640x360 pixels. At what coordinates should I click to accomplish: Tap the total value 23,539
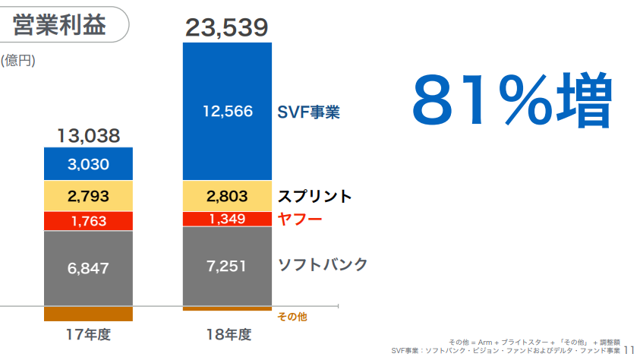pos(227,28)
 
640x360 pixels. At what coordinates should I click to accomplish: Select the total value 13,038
pos(89,136)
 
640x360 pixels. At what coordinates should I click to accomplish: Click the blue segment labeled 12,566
pos(227,111)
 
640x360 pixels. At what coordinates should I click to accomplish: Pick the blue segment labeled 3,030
pos(89,164)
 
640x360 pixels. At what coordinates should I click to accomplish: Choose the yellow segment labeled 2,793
pos(89,196)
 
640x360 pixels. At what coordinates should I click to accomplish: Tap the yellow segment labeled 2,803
pos(227,196)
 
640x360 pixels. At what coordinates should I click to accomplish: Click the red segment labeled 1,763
pos(89,221)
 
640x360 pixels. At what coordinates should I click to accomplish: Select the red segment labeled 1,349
pos(227,219)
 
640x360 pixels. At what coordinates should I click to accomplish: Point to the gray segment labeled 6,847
pos(89,267)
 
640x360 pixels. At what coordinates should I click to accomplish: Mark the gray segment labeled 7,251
pos(227,266)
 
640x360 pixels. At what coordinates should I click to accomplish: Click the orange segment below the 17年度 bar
pos(89,314)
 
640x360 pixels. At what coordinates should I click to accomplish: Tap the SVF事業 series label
pos(308,112)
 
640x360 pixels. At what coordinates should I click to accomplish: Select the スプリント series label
pos(314,196)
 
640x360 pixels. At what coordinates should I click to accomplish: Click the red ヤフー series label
pos(300,219)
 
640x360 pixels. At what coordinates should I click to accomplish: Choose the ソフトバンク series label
pos(323,264)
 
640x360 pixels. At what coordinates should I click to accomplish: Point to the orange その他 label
pos(292,316)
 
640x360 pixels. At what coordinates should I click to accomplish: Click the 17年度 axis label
pos(88,335)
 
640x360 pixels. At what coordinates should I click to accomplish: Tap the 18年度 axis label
pos(228,335)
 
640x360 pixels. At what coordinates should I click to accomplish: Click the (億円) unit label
pos(18,60)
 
